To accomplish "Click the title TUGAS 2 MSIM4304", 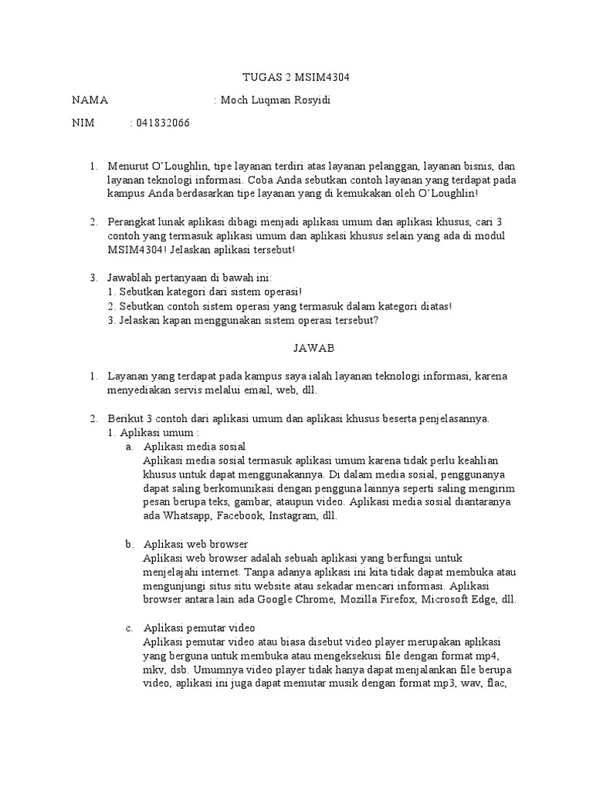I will pos(296,78).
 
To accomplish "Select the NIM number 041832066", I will pos(163,123).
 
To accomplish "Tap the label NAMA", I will pos(90,100).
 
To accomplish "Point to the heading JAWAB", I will pos(313,348).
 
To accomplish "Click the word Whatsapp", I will pos(188,516).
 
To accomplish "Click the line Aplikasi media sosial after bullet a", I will pos(195,447).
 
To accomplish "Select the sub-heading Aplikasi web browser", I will pos(195,544).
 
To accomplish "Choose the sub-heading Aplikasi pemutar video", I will pos(199,627).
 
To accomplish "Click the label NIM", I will pos(83,123).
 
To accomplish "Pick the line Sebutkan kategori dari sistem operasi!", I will pos(204,292).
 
